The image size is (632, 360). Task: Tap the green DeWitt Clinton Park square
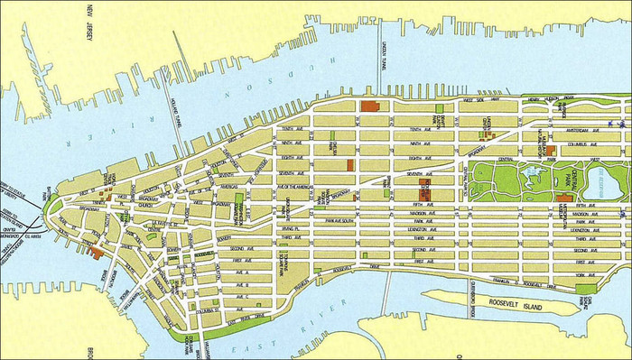[x=440, y=109]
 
